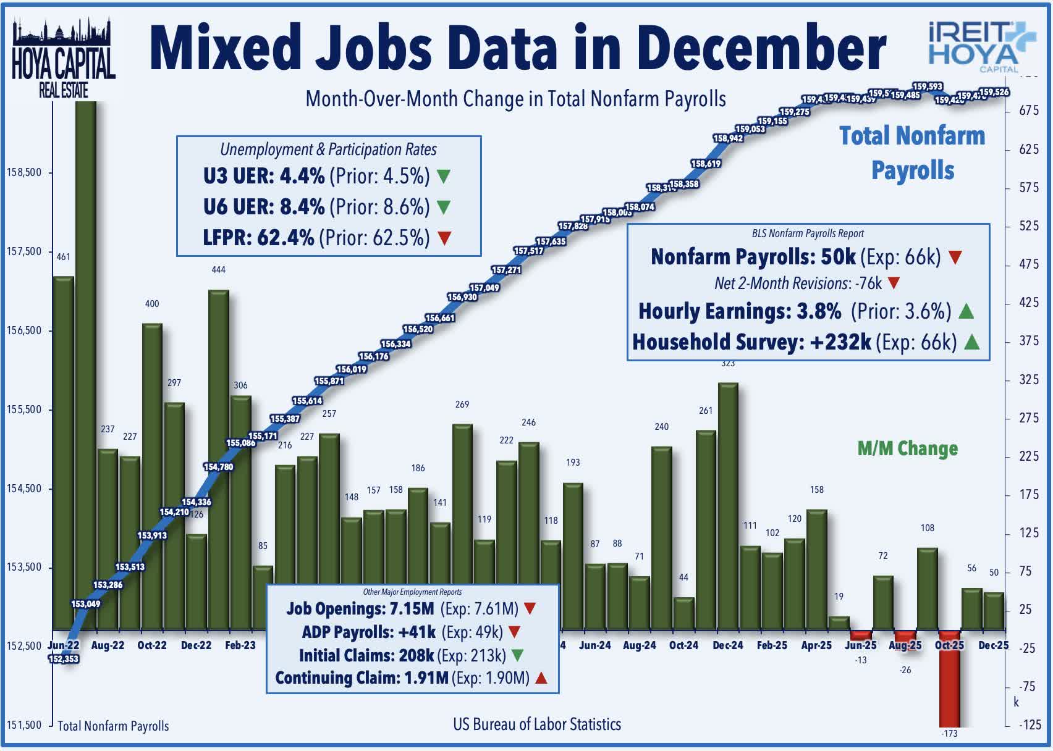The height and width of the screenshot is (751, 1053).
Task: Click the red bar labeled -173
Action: pos(949,679)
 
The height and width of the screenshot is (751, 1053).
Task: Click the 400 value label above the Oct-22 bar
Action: pos(152,304)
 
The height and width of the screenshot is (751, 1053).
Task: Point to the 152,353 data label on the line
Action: pos(63,659)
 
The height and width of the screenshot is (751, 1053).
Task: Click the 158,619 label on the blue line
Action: pos(706,164)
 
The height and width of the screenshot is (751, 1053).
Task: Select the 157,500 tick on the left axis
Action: pos(25,251)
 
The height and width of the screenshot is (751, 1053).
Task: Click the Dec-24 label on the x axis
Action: pos(728,645)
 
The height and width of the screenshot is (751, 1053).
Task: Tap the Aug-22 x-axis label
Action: pos(108,645)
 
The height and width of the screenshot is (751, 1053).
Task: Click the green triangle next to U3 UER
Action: pos(444,177)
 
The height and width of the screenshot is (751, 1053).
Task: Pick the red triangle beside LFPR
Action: pos(444,238)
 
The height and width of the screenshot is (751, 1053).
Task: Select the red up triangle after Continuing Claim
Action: pos(541,678)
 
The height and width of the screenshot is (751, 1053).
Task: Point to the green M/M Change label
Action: pos(908,448)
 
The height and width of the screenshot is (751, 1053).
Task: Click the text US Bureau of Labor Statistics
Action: pos(537,724)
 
